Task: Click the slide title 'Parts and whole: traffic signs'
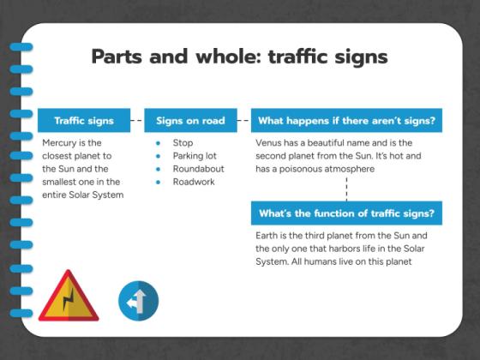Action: click(239, 57)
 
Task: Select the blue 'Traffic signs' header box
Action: click(83, 121)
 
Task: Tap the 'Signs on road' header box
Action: click(189, 121)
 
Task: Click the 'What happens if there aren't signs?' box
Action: click(346, 121)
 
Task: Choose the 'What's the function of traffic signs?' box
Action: click(346, 213)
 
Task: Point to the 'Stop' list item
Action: click(183, 143)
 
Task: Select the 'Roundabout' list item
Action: click(198, 169)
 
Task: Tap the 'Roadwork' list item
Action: click(193, 182)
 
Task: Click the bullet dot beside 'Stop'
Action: click(159, 143)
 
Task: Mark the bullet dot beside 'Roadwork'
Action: click(159, 182)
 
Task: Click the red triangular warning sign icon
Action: click(68, 298)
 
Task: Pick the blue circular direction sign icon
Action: click(138, 301)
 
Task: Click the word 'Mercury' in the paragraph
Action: click(59, 143)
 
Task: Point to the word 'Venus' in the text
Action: click(269, 143)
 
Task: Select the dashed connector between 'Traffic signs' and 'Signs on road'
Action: click(136, 121)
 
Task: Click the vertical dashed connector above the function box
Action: click(346, 188)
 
